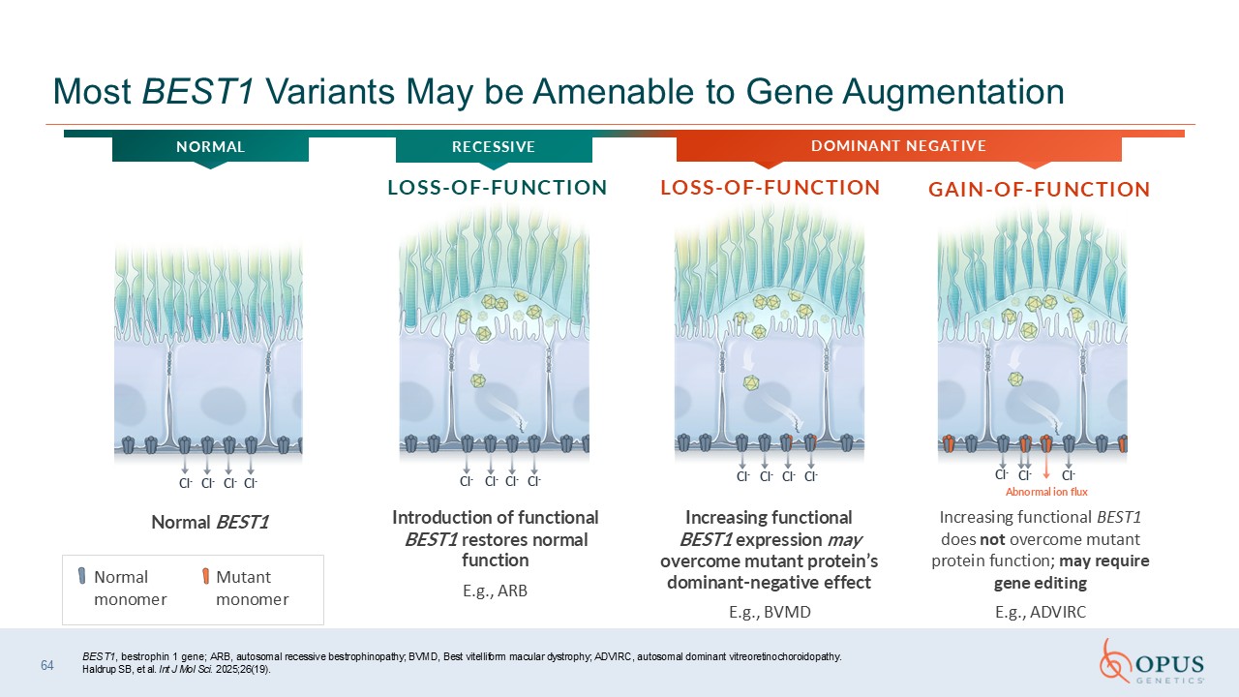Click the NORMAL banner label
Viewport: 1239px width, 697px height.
210,146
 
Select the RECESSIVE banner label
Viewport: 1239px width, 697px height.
494,146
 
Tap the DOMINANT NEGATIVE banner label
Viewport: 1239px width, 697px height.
899,145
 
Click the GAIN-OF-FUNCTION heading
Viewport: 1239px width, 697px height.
1040,190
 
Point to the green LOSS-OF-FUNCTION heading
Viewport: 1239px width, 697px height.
498,188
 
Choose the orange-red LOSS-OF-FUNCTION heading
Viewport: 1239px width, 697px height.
770,188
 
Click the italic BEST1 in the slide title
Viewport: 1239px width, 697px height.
198,91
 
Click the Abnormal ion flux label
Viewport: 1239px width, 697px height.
1046,492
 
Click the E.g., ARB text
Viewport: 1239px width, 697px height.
495,591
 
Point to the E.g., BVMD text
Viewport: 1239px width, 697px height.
770,613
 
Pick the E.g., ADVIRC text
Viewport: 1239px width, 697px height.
1041,613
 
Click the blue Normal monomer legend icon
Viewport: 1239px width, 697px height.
82,576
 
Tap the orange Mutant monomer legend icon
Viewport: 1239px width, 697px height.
205,576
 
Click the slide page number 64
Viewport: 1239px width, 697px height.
47,665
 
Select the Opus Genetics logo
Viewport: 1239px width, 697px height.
1152,661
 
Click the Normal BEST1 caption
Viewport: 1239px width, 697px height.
210,522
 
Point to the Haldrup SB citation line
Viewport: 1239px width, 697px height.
176,669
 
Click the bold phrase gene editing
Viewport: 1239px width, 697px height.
1041,583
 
